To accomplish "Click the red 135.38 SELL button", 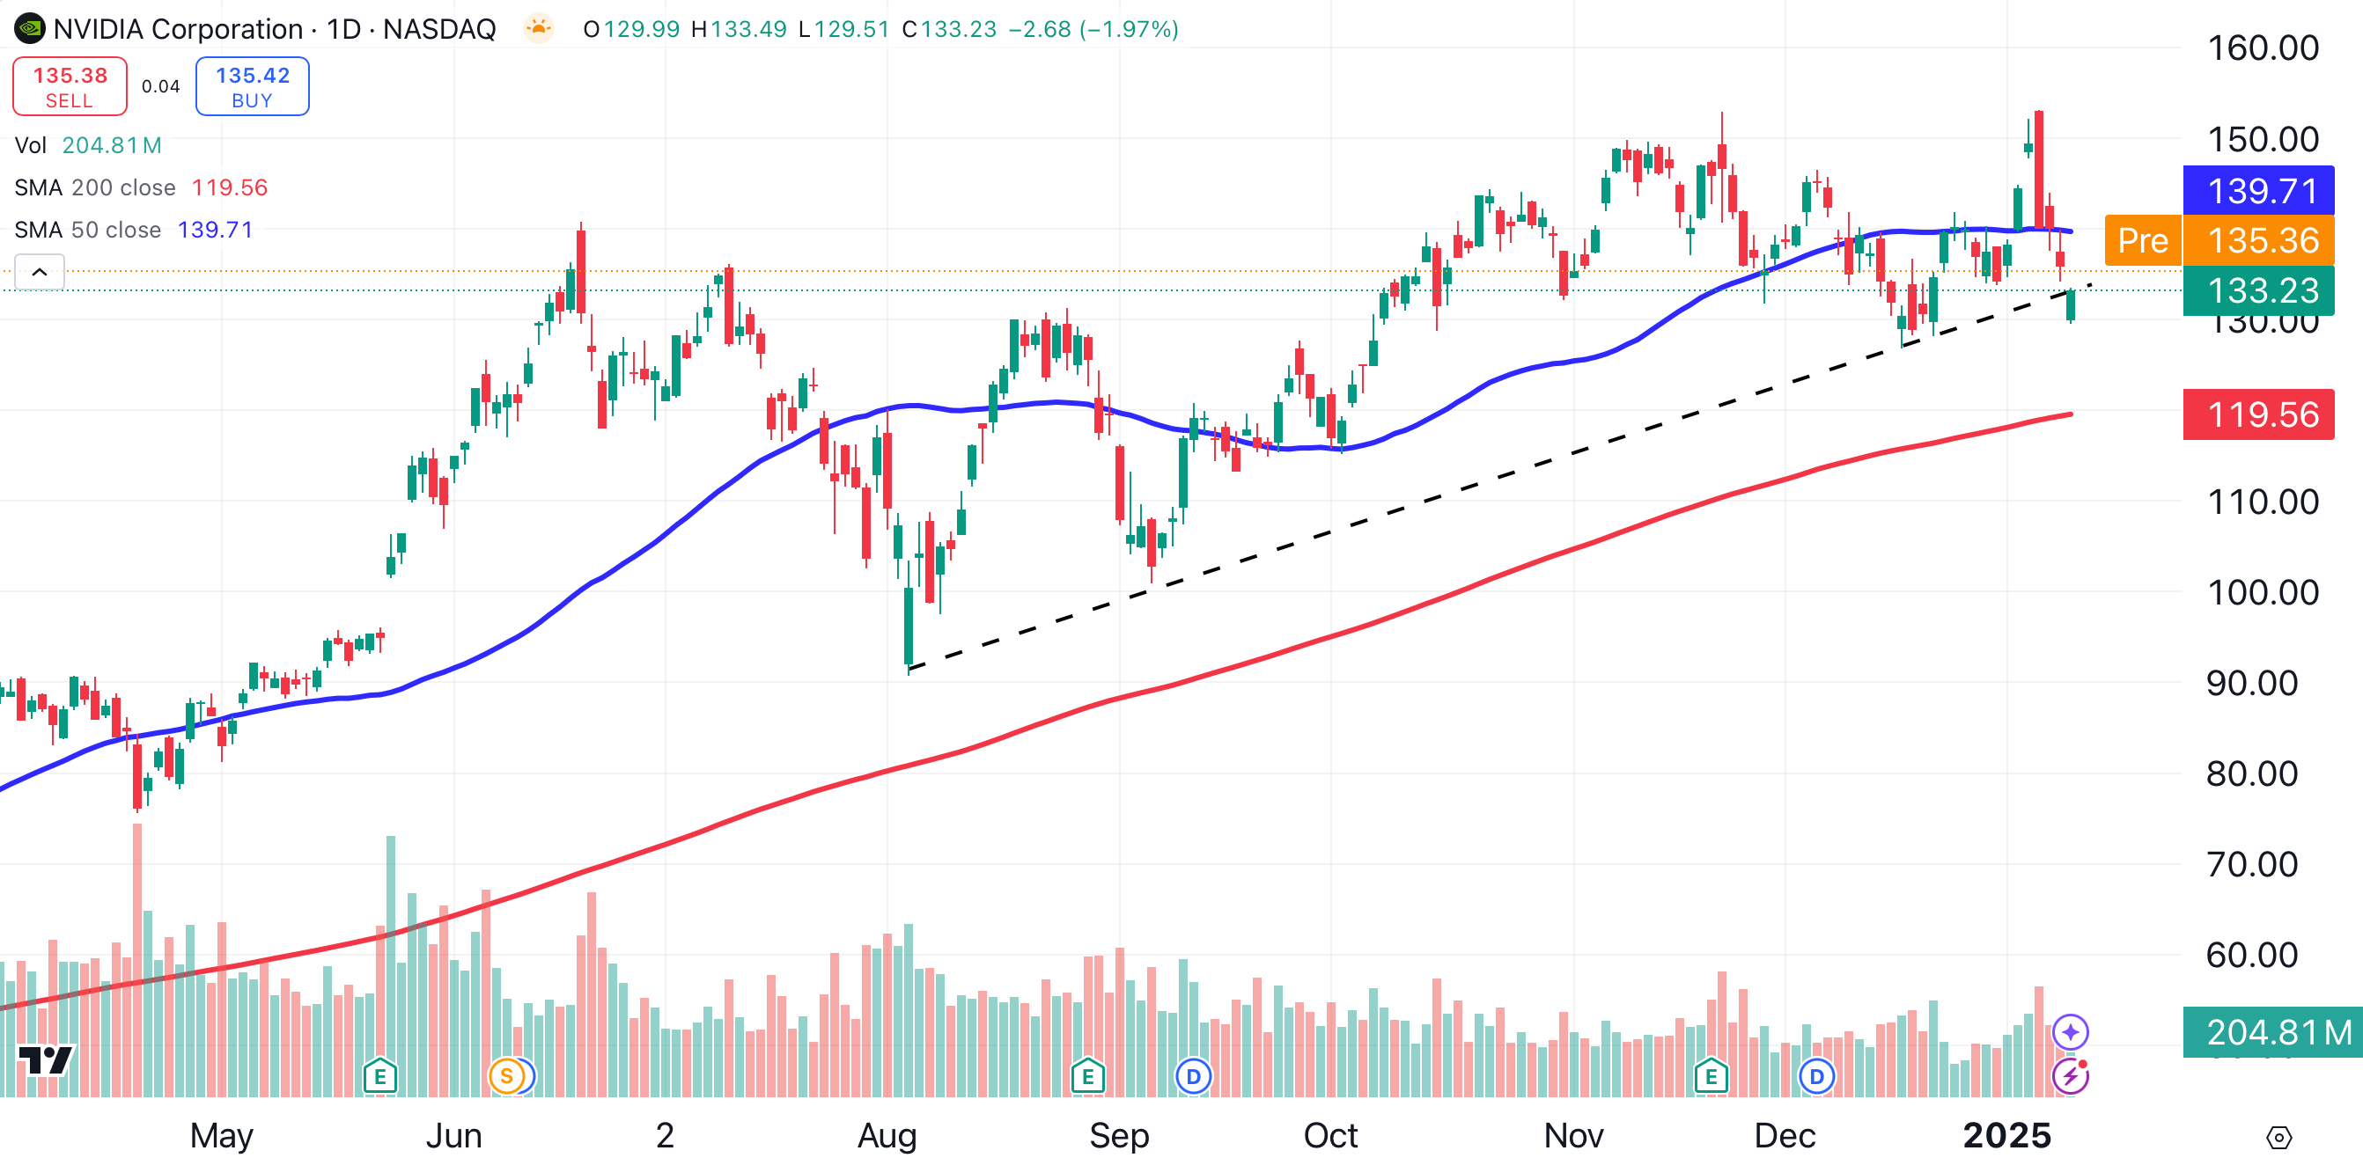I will [x=70, y=87].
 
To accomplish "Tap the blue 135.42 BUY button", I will [x=253, y=87].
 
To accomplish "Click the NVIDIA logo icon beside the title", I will [x=29, y=29].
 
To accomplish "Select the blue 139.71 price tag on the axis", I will [x=2258, y=191].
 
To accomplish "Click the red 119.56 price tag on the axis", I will [x=2258, y=414].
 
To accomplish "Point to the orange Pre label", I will [x=2143, y=240].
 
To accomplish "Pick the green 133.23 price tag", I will [x=2258, y=290].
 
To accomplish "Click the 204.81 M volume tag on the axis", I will [x=2272, y=1031].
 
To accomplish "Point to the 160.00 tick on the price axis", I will [x=2262, y=48].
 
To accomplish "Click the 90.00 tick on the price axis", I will [x=2251, y=683].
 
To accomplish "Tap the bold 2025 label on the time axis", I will [x=2006, y=1135].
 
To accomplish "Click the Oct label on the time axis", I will [x=1330, y=1135].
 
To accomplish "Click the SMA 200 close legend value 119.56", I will [x=229, y=188].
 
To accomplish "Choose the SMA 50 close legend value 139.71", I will [x=215, y=231].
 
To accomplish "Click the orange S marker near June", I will [x=506, y=1075].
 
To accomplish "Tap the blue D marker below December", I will [x=1816, y=1075].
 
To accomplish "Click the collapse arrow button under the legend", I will [x=40, y=272].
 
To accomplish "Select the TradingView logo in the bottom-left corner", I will [x=46, y=1061].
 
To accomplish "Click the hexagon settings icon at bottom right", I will [x=2278, y=1138].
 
